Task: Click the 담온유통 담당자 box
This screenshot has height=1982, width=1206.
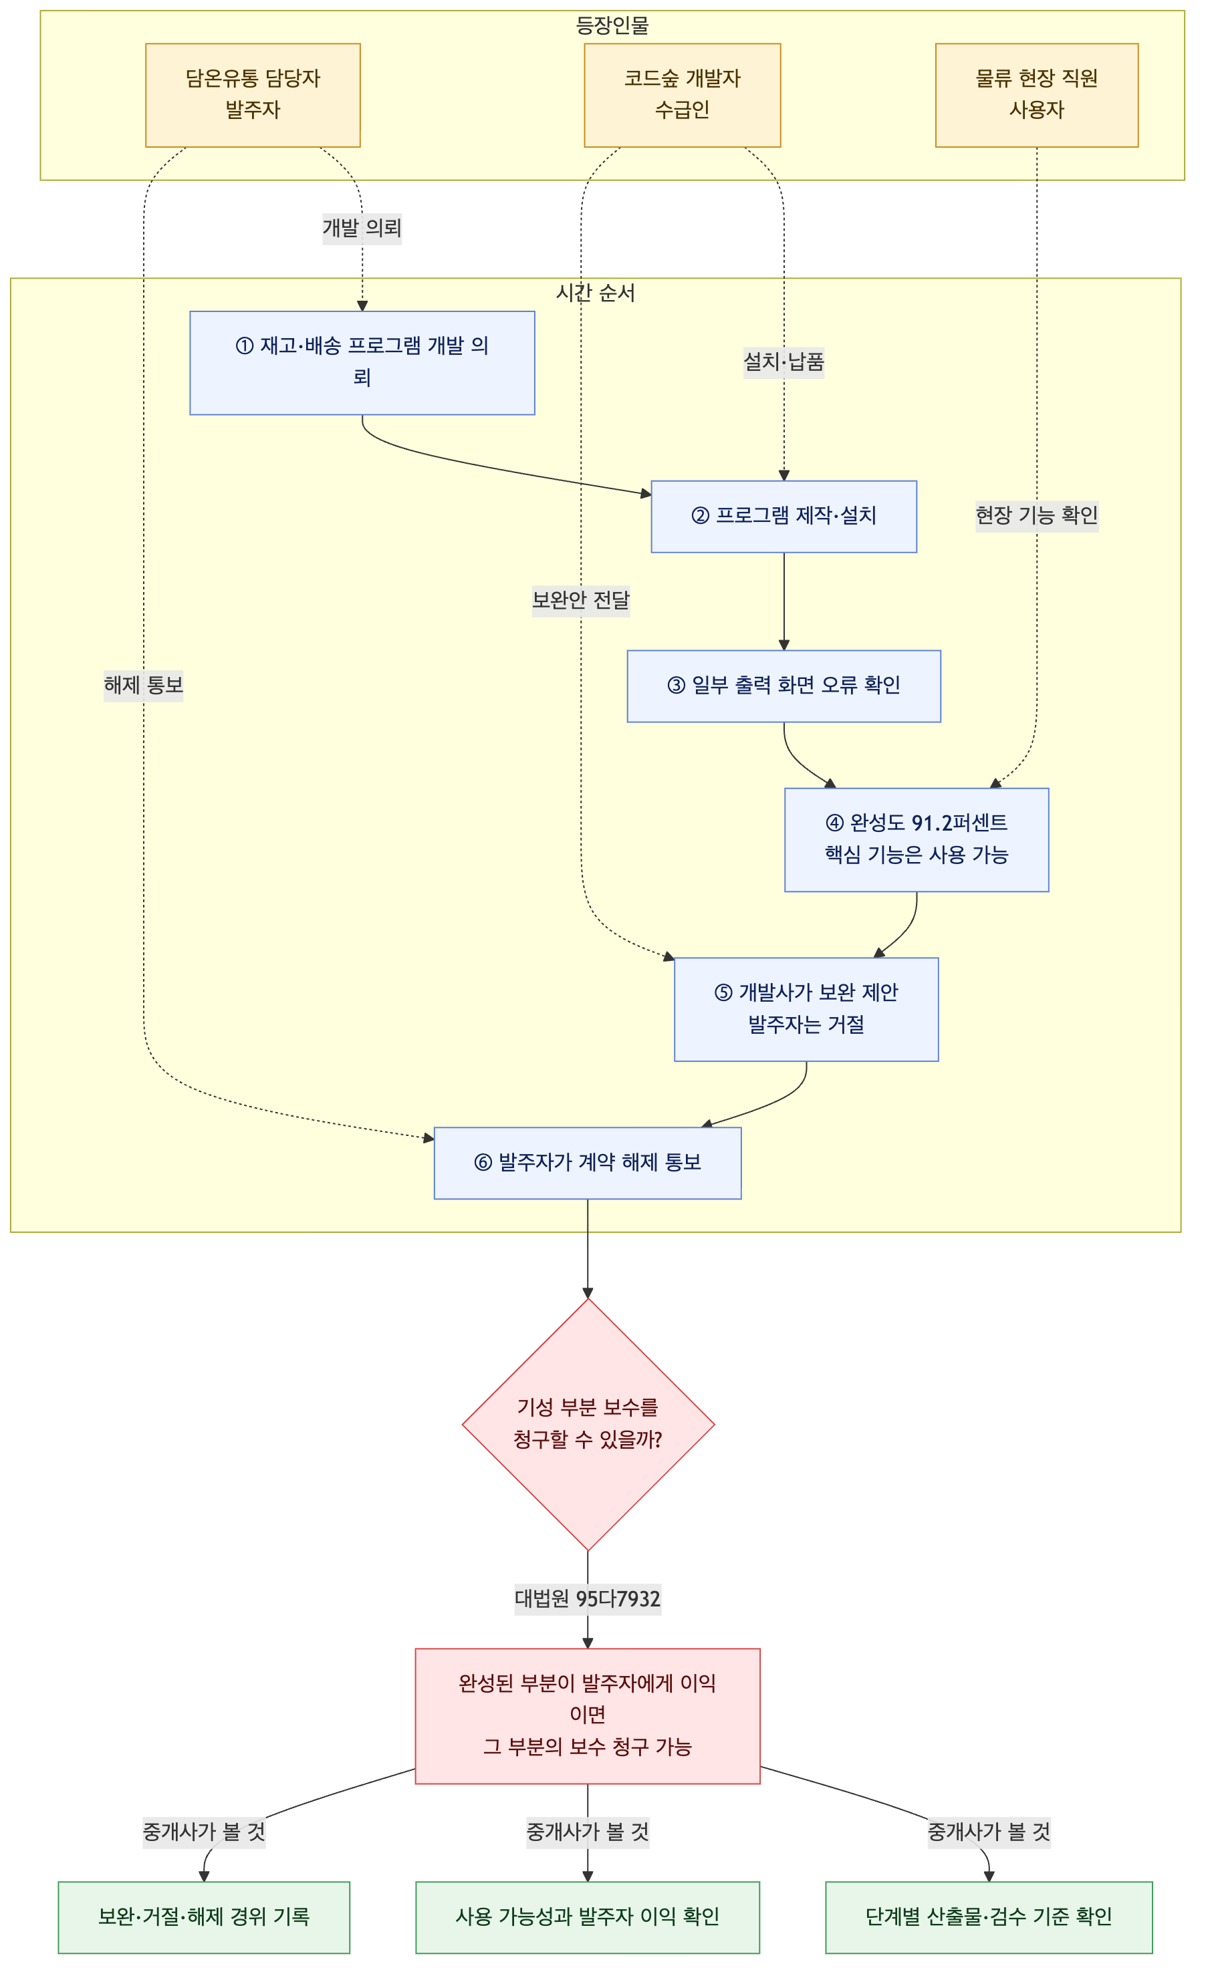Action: coord(253,95)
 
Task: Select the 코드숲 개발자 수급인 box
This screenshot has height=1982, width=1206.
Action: coord(683,95)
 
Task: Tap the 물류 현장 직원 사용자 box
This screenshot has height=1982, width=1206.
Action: coord(1036,95)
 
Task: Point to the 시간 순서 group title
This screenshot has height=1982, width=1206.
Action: coord(596,293)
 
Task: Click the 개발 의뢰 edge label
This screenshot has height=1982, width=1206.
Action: coord(362,229)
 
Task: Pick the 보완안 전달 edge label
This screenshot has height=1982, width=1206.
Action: coord(581,600)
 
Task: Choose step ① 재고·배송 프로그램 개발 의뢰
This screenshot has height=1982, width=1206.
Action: coord(362,363)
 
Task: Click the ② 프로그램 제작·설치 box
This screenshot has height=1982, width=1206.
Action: coord(783,517)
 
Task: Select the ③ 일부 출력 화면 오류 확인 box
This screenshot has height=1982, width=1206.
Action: coord(783,686)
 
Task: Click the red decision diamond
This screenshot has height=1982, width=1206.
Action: coord(588,1424)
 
